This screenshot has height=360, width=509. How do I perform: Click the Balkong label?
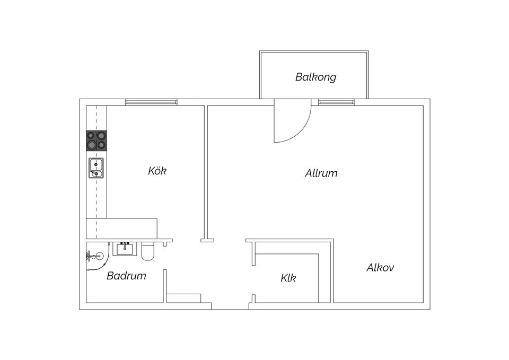[315, 77]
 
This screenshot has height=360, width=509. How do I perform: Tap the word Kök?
[157, 171]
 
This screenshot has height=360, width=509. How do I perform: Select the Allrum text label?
[321, 173]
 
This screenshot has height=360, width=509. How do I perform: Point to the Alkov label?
[380, 268]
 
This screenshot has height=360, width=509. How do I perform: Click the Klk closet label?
[288, 278]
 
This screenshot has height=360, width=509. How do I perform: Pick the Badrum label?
[126, 276]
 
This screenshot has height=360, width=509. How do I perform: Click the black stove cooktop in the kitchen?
[96, 141]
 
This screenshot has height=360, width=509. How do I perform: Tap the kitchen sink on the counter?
[96, 168]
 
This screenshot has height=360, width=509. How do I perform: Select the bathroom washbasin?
[126, 248]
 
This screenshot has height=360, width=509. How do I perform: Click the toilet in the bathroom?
[148, 251]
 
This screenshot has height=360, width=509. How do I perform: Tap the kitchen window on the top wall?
[151, 102]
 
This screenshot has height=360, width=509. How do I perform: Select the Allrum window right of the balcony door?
[336, 102]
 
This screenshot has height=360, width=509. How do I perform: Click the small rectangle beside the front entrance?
[183, 297]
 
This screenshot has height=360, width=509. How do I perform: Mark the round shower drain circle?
[95, 257]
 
